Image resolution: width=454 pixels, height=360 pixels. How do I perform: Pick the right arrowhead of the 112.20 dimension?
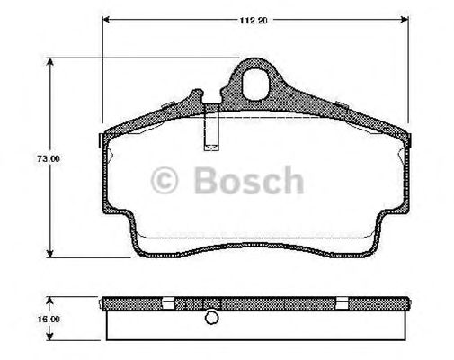(405, 24)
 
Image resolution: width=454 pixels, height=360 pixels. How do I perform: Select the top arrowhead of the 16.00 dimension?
(50, 298)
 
